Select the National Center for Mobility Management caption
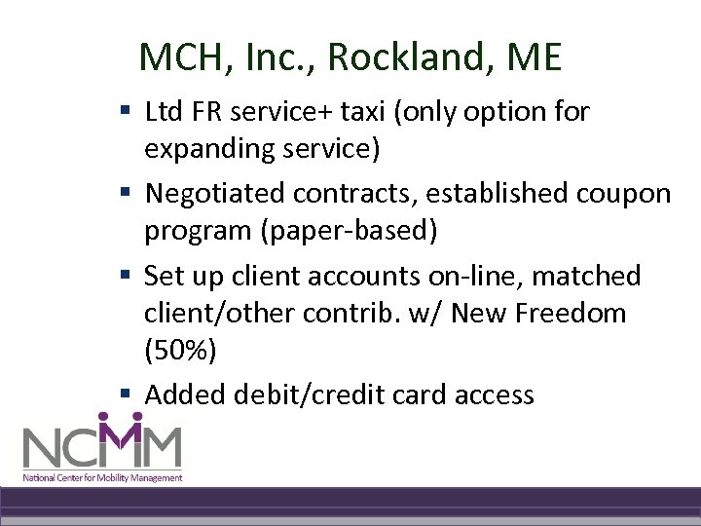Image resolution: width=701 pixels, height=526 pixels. point(103,477)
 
